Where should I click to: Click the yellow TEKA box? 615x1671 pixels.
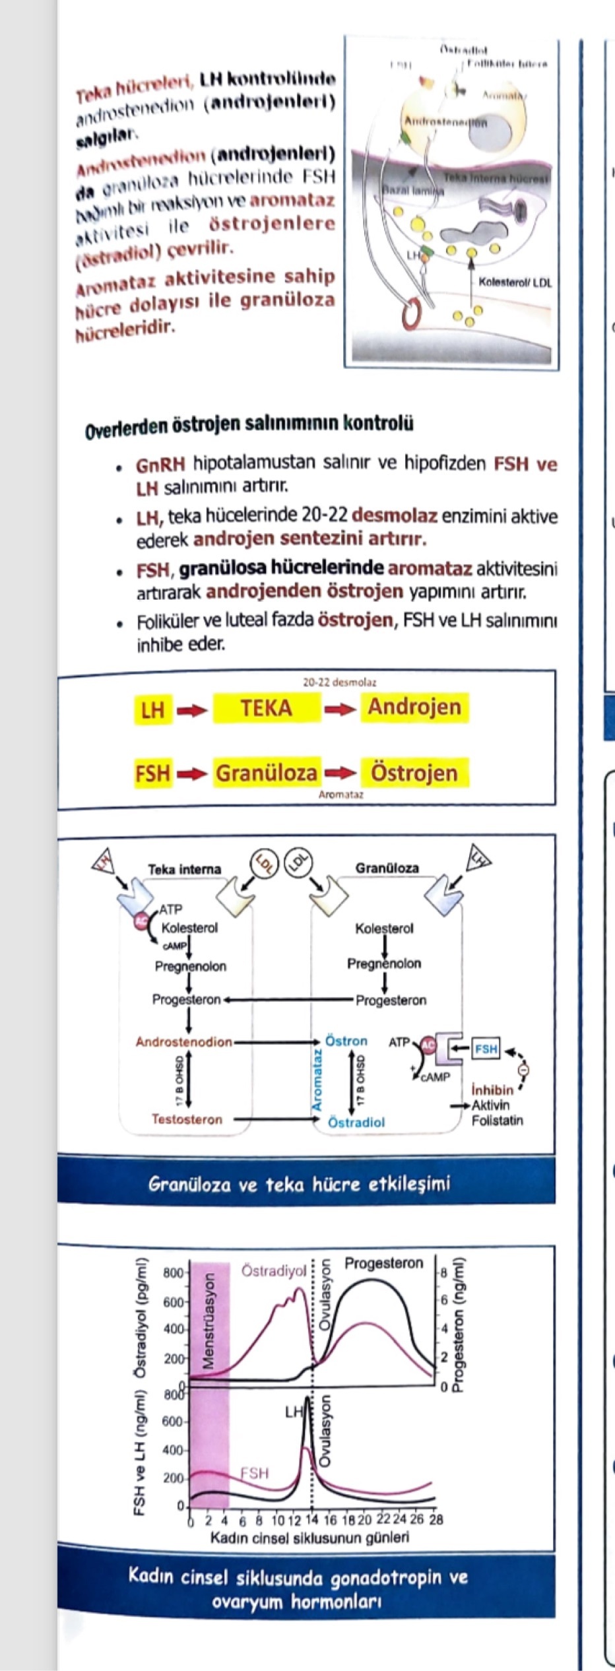266,708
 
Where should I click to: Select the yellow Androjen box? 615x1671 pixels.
414,707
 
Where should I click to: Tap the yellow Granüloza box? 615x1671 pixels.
266,773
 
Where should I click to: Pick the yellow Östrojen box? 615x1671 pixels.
414,773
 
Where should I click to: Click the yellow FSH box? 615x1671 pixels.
152,773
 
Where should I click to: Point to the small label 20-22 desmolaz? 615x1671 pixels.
339,682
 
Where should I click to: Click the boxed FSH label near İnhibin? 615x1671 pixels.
486,1049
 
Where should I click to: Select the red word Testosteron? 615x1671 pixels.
187,1119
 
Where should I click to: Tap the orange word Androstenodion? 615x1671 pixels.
184,1042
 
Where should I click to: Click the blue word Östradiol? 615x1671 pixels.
356,1122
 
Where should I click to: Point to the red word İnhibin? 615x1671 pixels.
492,1090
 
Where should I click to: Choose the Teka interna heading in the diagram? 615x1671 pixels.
184,869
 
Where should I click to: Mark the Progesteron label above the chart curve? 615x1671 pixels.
383,1263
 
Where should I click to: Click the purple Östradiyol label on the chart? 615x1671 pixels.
274,1270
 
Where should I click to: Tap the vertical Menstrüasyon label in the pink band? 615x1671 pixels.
209,1322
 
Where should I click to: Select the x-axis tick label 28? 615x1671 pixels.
436,1520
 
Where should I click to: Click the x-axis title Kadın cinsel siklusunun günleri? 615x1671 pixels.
309,1538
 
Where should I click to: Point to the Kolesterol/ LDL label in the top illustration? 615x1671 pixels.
515,282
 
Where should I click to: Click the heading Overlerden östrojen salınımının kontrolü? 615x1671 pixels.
249,424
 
